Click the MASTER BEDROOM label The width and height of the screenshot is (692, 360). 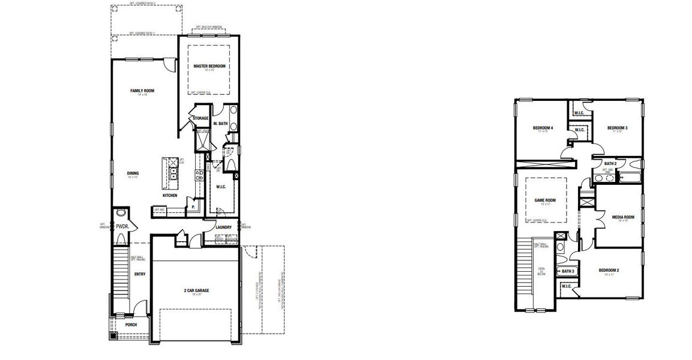209,66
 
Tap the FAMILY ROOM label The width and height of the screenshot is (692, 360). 142,91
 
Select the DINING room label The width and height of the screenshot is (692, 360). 133,173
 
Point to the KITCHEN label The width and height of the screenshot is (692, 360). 170,196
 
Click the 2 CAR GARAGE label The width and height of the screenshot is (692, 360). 196,290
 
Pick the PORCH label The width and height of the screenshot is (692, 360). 131,325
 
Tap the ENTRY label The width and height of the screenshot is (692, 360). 140,274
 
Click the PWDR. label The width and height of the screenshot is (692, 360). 123,227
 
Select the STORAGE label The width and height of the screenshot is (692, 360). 200,118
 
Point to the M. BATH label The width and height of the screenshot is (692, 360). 220,124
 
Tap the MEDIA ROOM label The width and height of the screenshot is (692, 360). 623,217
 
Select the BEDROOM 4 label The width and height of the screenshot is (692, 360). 543,128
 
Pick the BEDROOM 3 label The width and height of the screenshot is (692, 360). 617,128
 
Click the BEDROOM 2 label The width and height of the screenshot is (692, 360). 609,270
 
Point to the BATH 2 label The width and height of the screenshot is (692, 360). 611,163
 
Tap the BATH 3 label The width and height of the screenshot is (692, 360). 568,271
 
